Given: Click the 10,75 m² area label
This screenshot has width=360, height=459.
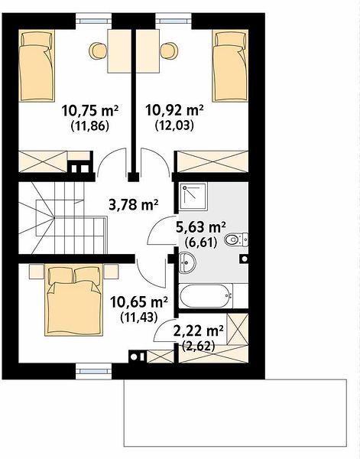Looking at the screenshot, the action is point(89,111).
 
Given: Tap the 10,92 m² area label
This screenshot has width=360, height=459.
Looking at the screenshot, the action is point(174,110).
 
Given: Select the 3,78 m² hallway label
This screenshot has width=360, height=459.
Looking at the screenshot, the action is point(133,204).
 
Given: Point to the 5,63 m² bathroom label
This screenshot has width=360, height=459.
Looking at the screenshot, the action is point(201,227).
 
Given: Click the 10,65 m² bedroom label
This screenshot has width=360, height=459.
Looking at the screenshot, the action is point(138,302).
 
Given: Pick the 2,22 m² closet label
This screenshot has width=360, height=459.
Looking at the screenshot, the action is point(199,331).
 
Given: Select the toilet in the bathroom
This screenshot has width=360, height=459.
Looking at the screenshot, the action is point(236,239).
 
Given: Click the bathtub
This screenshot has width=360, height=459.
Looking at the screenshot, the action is point(206,295).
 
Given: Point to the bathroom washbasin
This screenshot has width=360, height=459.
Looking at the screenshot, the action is point(186,262).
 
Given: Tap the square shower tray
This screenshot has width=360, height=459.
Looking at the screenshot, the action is point(193,197).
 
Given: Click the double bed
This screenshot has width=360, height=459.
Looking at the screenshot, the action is point(74,300).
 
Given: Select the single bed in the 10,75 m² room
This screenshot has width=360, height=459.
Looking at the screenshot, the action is point(37,66).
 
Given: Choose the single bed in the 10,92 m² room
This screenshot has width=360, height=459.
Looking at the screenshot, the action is point(230,66).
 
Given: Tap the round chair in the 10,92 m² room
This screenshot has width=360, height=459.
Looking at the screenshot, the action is point(169,50).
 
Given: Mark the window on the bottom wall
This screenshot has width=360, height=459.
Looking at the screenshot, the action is point(93,371).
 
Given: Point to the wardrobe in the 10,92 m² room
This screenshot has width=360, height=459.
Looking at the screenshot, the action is point(213,161).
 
